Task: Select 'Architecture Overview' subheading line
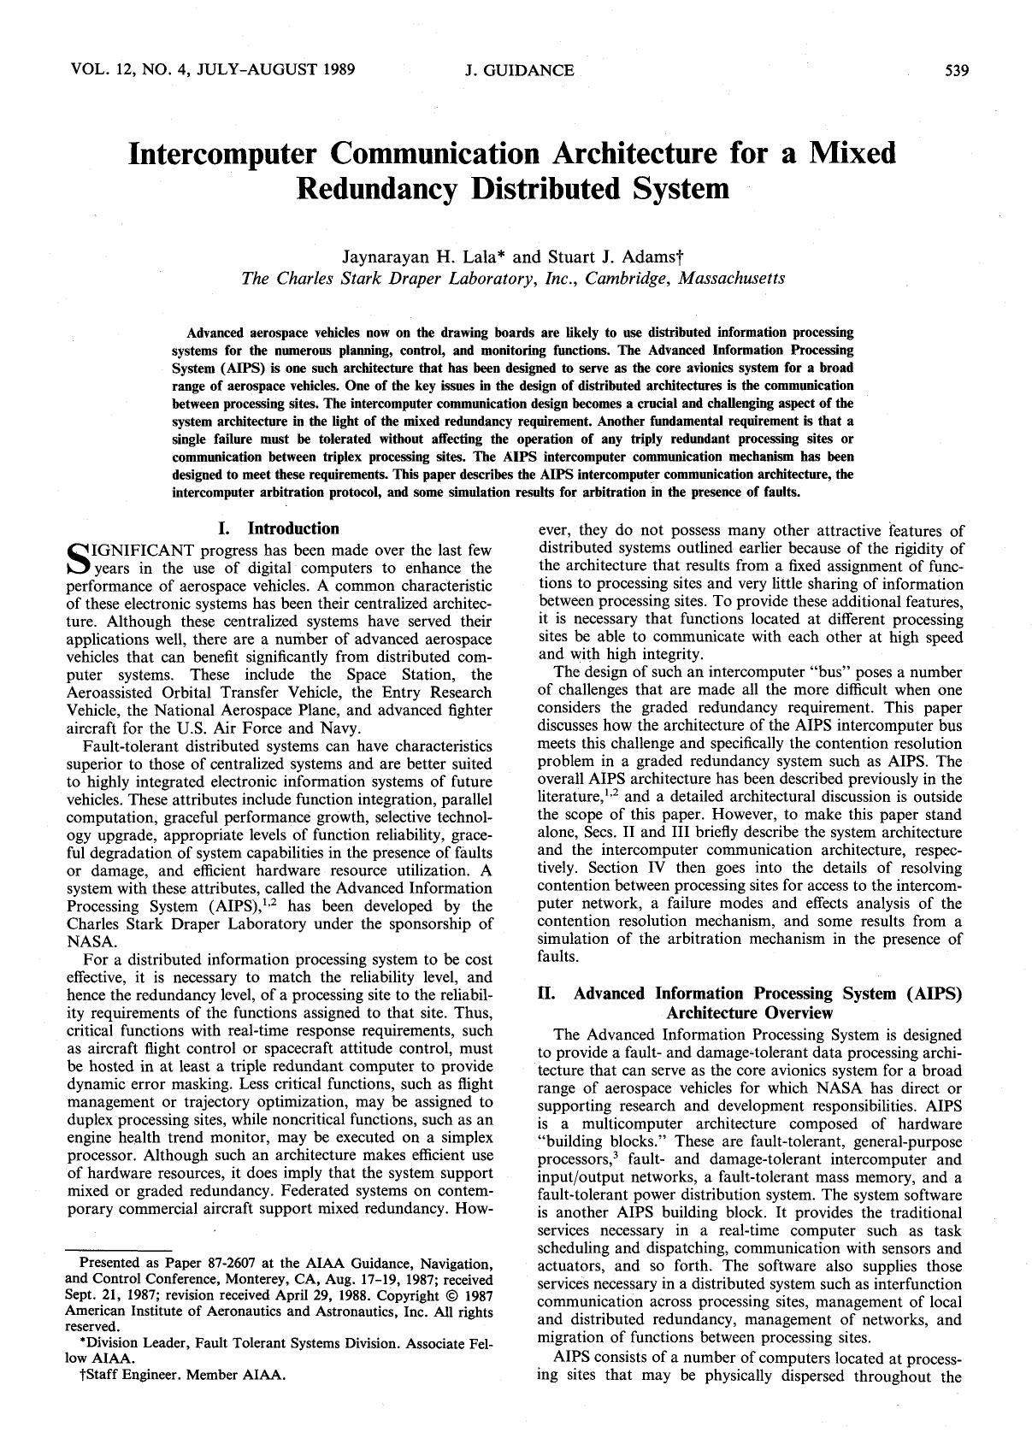coord(749,1013)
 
